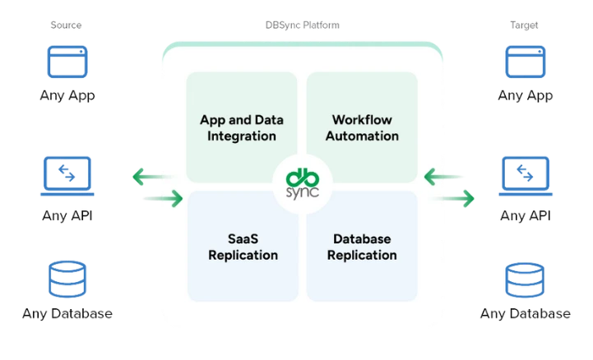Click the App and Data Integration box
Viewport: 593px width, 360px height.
click(241, 127)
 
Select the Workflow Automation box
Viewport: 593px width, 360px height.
click(362, 127)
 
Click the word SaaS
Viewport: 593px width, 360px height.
click(242, 238)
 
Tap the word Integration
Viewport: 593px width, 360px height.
click(242, 135)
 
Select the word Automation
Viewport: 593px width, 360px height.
click(362, 135)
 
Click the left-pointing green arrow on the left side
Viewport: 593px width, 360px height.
click(144, 176)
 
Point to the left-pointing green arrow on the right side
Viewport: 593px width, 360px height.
click(437, 176)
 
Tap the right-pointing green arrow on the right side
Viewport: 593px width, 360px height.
click(462, 197)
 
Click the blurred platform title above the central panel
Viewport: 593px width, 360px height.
click(300, 27)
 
